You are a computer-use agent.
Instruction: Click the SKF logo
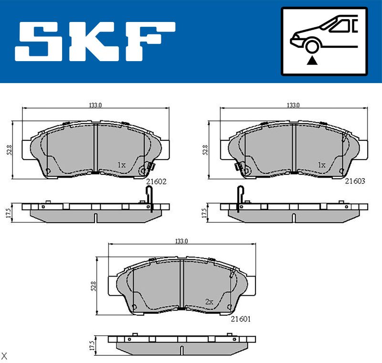coord(95,42)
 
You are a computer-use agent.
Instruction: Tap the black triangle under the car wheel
coord(312,61)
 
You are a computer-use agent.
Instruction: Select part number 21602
coord(156,181)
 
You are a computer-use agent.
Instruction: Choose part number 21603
coord(355,181)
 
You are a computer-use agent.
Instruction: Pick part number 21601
coord(241,319)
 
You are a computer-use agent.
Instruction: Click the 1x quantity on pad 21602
coord(122,165)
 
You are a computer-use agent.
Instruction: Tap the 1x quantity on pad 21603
coord(321,165)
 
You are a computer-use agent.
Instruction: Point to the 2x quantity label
coord(209,302)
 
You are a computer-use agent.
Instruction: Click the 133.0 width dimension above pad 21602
coord(95,105)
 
